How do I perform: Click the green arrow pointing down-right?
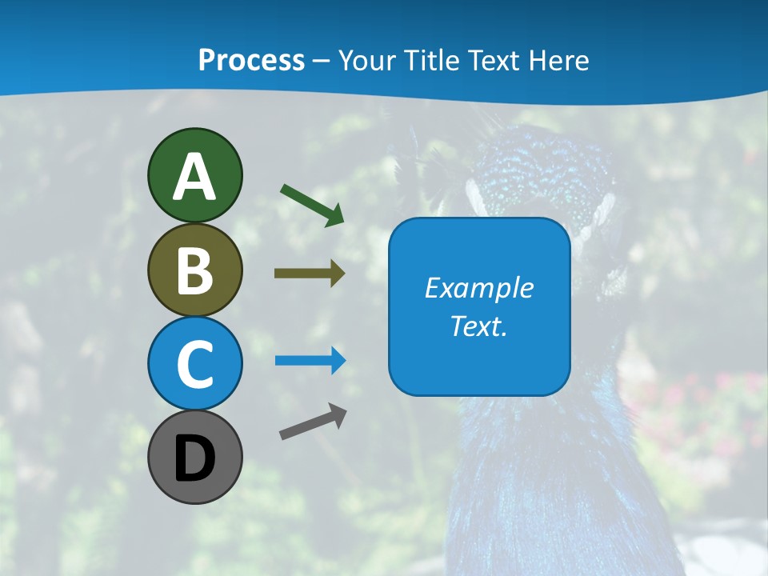point(313,205)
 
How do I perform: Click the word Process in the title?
point(251,60)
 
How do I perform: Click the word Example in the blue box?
point(478,288)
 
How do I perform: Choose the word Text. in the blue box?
point(478,326)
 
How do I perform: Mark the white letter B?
point(194,270)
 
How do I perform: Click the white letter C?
point(194,364)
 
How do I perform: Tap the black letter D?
point(194,458)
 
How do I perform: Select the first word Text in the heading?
point(490,60)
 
